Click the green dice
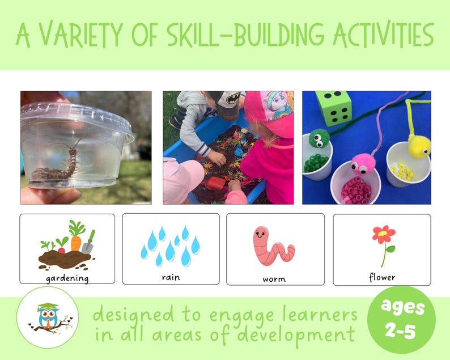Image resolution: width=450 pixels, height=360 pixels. pyautogui.click(x=334, y=109)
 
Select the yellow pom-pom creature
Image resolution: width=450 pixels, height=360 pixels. pyautogui.click(x=419, y=145)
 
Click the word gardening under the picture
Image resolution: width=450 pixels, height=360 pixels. pyautogui.click(x=67, y=278)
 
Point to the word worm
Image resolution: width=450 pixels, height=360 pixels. pyautogui.click(x=274, y=279)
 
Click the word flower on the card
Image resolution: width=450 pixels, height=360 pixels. pyautogui.click(x=382, y=277)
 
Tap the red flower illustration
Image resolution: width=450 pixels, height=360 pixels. pyautogui.click(x=384, y=234)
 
